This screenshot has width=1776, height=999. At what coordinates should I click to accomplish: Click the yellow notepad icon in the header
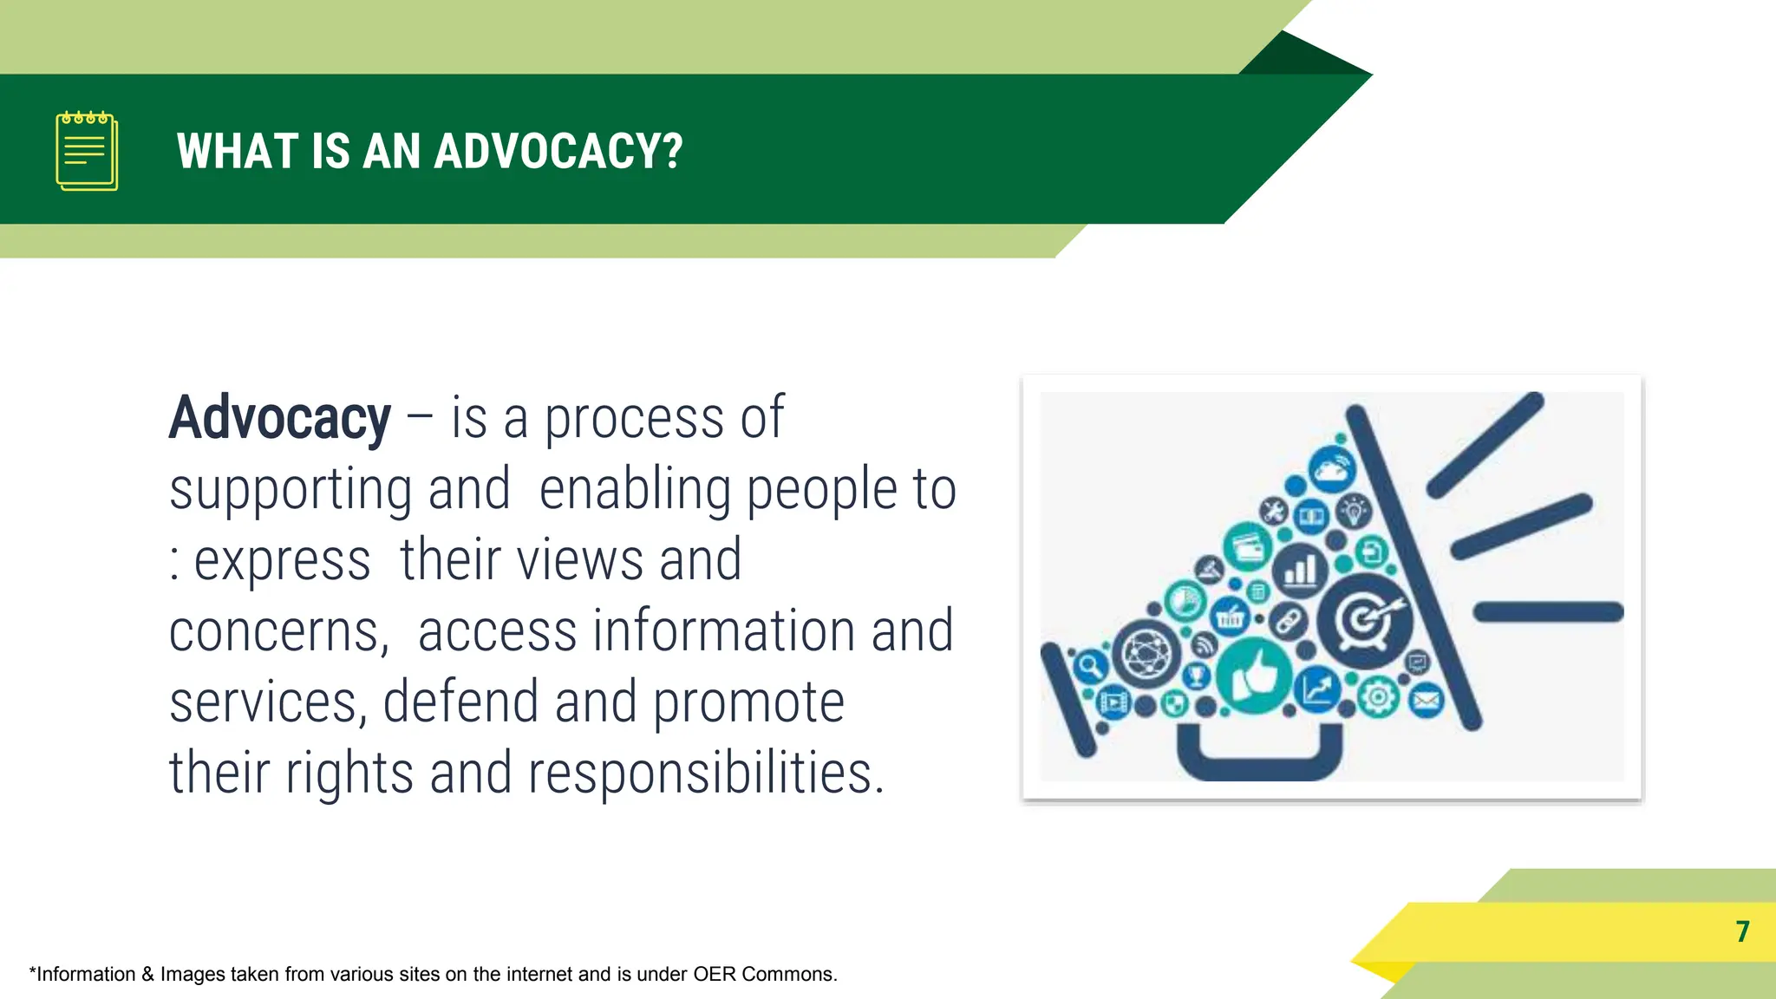(87, 151)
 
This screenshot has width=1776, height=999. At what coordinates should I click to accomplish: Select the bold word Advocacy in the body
(280, 419)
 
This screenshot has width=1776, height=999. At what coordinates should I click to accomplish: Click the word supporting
(290, 491)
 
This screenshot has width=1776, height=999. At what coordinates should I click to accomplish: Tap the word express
(282, 561)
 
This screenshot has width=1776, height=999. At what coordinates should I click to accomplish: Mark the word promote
(748, 702)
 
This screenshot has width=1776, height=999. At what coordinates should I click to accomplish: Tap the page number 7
(1742, 931)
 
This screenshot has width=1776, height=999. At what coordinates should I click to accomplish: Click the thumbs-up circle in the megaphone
(1254, 675)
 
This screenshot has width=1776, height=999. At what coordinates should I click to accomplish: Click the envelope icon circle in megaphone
(1426, 700)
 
